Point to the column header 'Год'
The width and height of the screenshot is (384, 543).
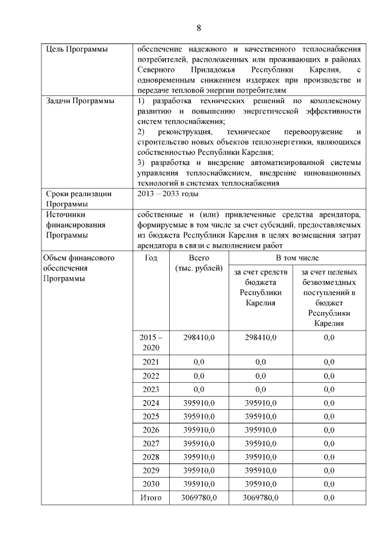151,257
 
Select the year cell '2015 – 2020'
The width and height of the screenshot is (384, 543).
151,342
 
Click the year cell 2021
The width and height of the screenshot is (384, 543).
151,362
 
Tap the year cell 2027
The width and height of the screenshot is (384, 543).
151,444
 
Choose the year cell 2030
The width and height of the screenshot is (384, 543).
151,484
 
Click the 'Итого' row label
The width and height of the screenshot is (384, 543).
151,498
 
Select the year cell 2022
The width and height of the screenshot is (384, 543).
151,376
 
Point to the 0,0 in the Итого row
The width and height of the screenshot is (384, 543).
329,498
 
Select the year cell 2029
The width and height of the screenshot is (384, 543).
151,471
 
